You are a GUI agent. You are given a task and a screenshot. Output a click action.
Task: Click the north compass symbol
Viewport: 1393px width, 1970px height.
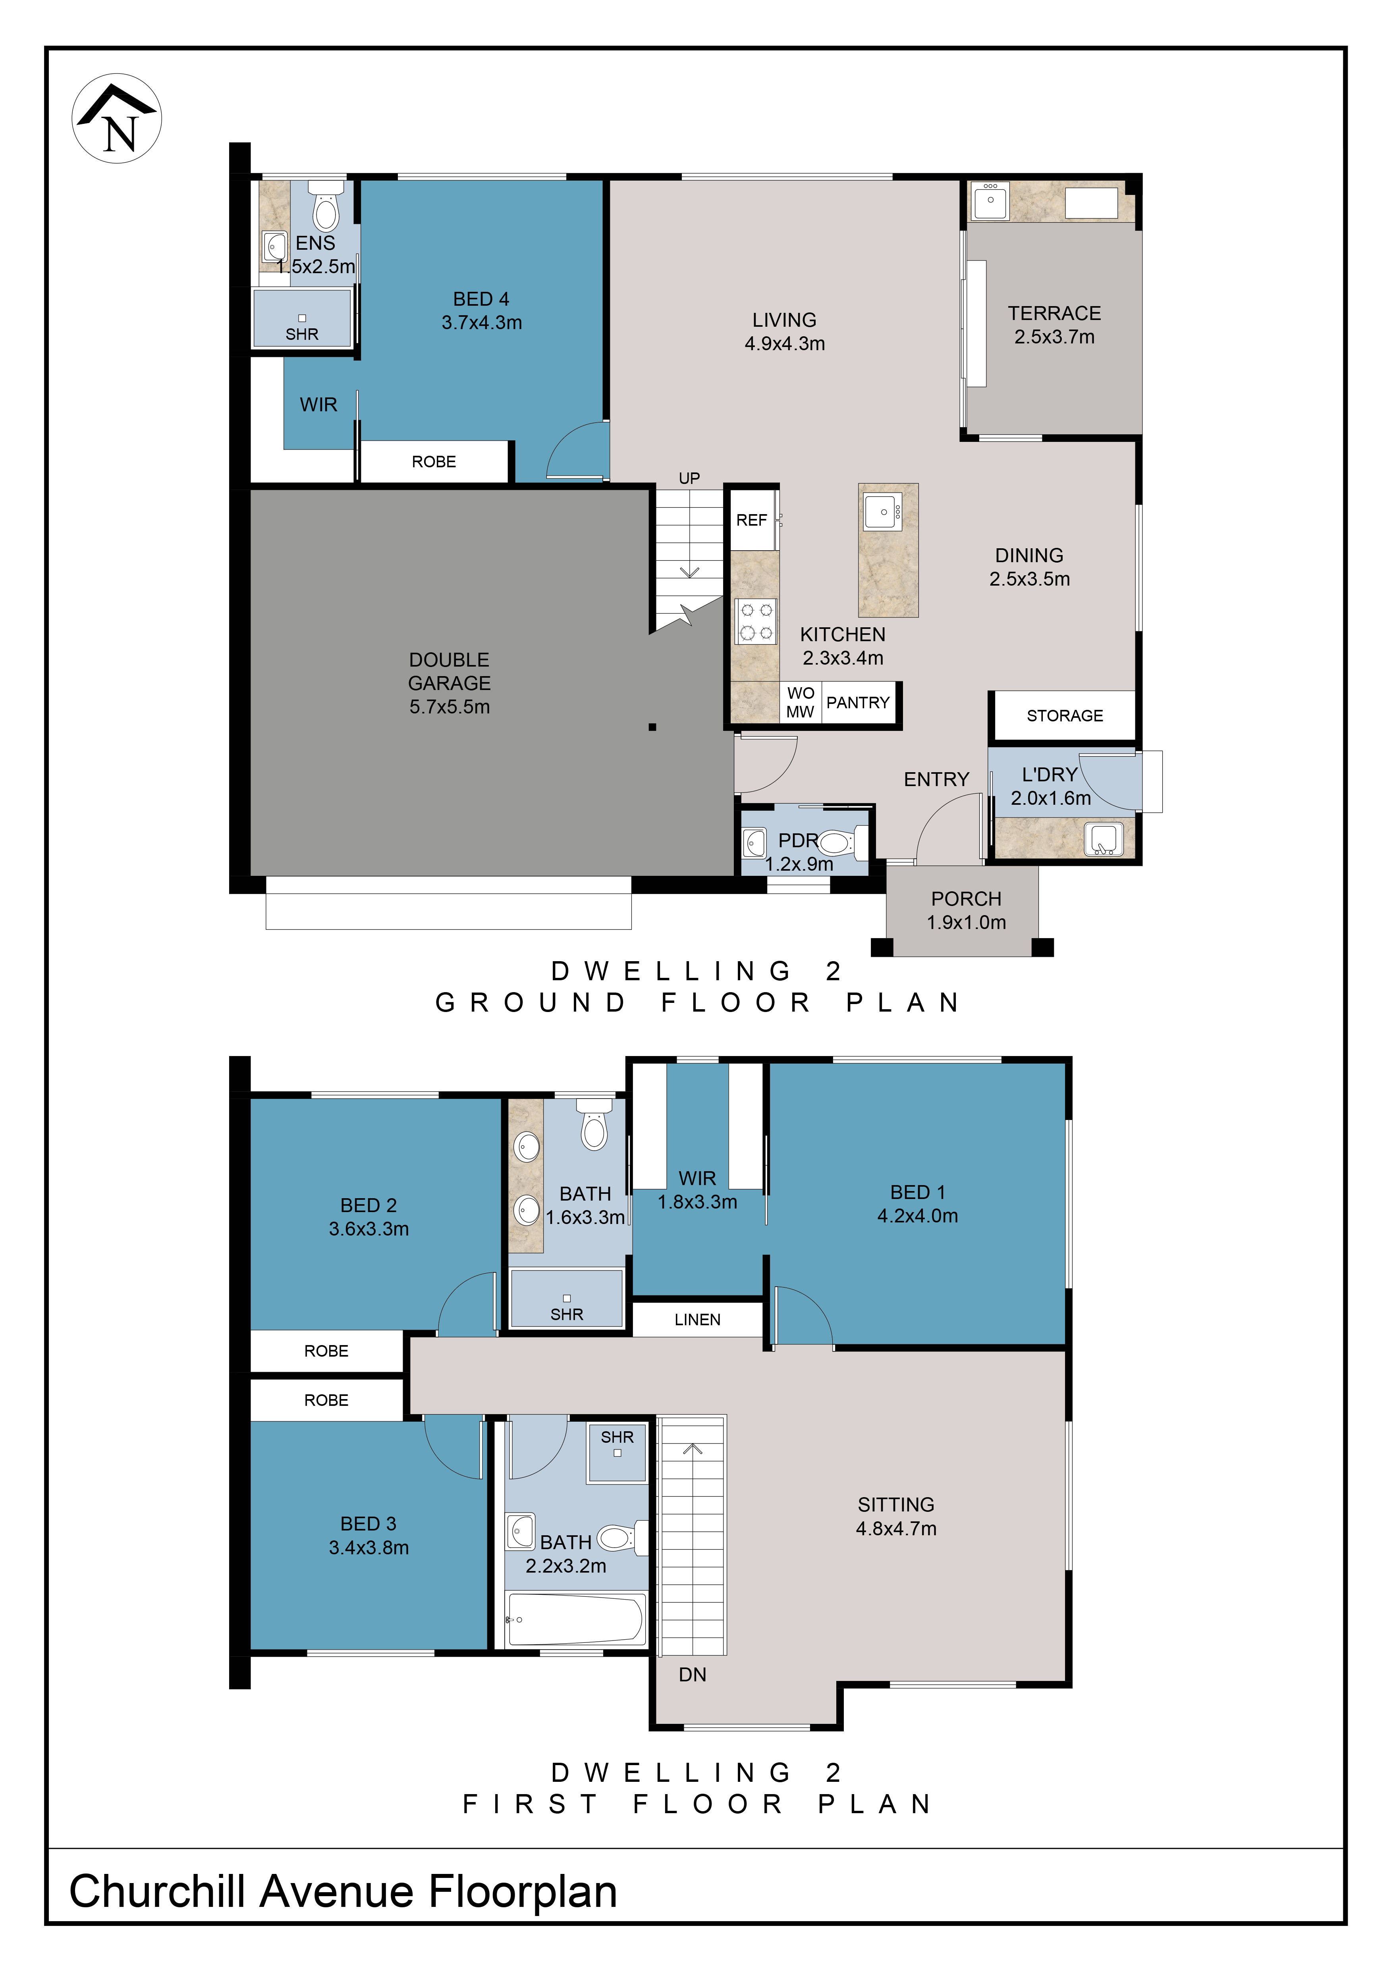click(117, 118)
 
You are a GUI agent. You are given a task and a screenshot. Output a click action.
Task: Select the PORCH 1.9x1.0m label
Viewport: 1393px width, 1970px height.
click(967, 910)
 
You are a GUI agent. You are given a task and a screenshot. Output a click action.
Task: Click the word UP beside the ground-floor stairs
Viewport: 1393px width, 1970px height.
click(689, 478)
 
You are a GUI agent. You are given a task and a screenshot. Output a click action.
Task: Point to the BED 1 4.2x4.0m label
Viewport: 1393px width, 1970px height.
click(918, 1204)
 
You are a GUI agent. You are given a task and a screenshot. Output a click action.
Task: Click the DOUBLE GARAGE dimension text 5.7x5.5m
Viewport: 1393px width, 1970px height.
click(450, 707)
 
